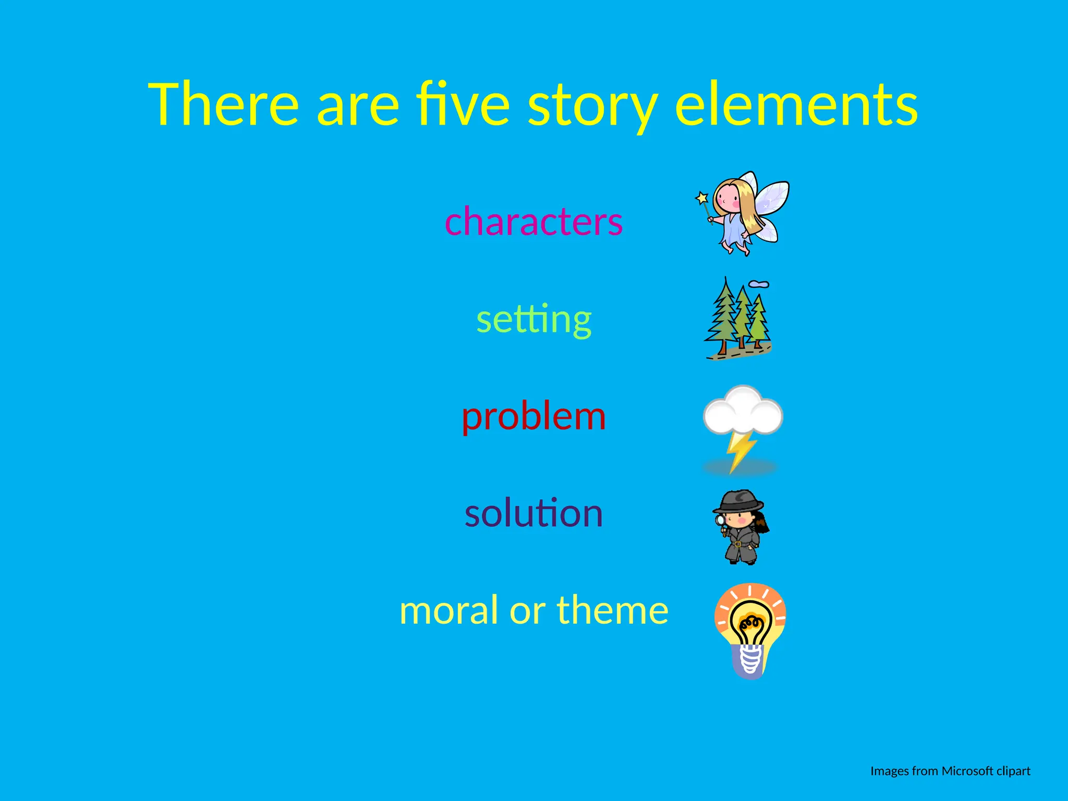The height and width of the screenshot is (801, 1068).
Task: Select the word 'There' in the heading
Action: pyautogui.click(x=224, y=104)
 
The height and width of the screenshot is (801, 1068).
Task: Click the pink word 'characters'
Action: pyautogui.click(x=533, y=221)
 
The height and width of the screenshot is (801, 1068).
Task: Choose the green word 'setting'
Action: pyautogui.click(x=533, y=319)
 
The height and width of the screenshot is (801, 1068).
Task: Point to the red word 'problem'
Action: pyautogui.click(x=533, y=417)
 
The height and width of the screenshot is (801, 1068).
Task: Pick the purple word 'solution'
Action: pyautogui.click(x=533, y=513)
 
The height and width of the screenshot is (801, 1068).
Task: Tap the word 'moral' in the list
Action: pyautogui.click(x=449, y=610)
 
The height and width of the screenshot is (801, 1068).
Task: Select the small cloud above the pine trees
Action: pyautogui.click(x=759, y=284)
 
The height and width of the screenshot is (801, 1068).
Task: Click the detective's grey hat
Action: pyautogui.click(x=738, y=502)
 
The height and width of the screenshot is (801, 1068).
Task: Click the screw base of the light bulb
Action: pyautogui.click(x=750, y=660)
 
